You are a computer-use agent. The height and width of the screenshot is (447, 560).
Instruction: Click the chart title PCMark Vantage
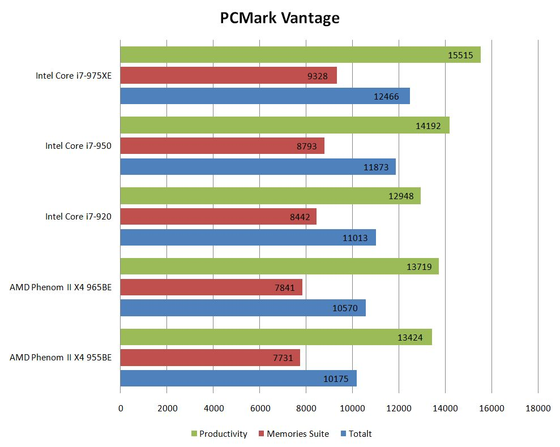coord(280,18)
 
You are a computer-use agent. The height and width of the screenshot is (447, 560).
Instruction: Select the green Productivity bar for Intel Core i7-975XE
coord(300,54)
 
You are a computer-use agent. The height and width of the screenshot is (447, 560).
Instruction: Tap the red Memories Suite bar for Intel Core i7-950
coord(222,146)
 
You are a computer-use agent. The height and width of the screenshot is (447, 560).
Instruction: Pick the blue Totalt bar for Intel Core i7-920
coord(248,238)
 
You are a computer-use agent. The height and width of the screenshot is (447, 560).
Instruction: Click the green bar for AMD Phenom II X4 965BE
coord(279,267)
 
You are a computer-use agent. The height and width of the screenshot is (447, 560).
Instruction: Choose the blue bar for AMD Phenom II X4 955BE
coord(238,379)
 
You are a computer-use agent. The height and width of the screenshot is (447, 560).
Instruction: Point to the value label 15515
coord(459,54)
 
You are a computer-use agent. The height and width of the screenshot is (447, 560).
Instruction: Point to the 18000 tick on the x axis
coord(537,407)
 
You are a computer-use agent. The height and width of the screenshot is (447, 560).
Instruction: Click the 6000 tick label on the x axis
coord(259,407)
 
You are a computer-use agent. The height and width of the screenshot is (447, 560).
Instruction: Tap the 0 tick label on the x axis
coord(121,407)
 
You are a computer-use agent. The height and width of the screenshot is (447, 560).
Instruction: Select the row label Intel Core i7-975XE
coord(74,75)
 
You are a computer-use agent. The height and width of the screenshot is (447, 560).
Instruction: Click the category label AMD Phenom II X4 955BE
coord(61,358)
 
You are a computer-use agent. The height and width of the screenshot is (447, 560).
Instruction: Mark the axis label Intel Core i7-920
coord(78,217)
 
